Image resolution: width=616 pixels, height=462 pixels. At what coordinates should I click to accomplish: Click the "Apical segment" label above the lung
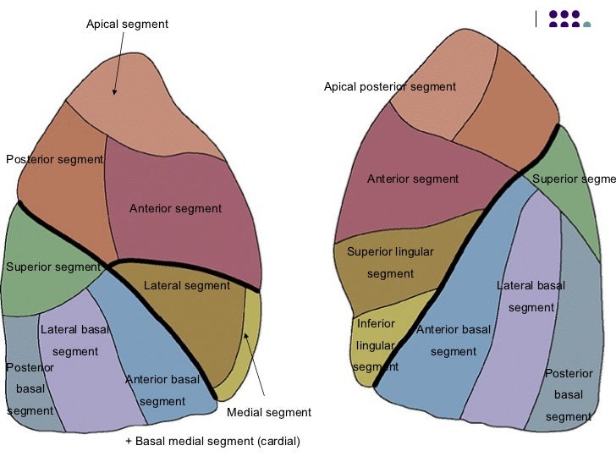127,24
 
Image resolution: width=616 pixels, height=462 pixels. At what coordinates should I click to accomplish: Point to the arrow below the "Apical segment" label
117,63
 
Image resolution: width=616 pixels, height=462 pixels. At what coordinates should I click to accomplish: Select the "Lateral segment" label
186,286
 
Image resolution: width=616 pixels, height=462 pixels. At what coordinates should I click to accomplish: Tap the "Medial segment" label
269,413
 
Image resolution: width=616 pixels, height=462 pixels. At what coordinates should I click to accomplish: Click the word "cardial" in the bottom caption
275,442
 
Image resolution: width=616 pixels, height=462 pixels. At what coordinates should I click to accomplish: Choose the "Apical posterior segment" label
389,86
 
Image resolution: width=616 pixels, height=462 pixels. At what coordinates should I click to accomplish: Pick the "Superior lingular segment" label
390,262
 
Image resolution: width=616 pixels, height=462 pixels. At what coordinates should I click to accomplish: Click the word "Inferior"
376,324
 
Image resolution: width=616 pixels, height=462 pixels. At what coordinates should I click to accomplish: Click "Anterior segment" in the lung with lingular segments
412,179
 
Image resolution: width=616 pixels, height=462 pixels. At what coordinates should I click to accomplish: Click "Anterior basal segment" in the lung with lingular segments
453,340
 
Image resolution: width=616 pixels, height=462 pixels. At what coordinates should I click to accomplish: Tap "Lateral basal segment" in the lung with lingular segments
531,296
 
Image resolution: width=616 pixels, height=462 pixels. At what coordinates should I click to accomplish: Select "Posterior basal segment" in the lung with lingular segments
568,394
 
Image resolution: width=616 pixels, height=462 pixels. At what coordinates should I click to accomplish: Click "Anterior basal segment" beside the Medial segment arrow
162,389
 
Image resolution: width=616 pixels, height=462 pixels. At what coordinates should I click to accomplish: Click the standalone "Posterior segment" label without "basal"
54,159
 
